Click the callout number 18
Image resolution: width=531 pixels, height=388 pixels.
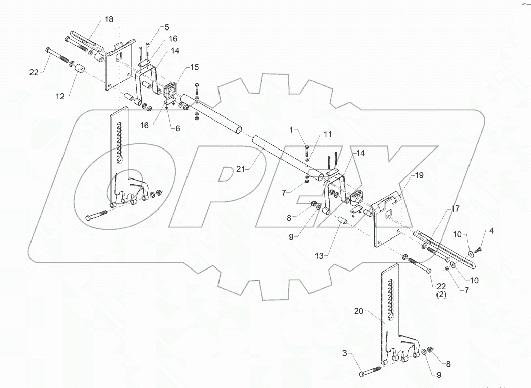pyautogui.click(x=110, y=19)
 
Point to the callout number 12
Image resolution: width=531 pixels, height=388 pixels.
pyautogui.click(x=60, y=96)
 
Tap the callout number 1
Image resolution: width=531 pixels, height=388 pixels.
pyautogui.click(x=291, y=130)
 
